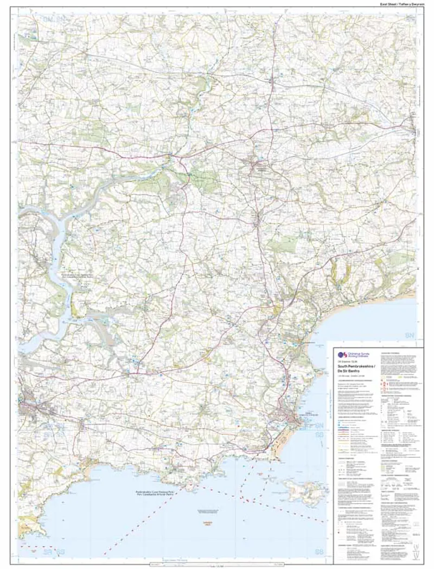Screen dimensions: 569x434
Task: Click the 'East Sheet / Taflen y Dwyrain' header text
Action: point(401,4)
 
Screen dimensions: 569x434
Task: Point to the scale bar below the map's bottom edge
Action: point(217,564)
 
